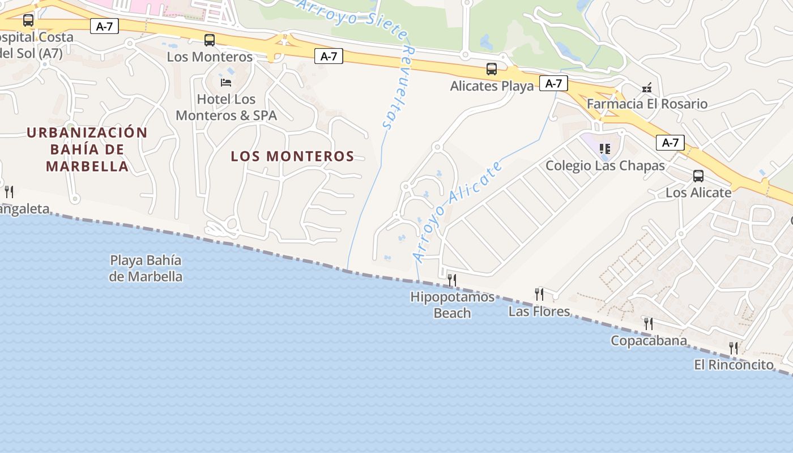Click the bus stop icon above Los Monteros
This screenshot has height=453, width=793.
(x=210, y=40)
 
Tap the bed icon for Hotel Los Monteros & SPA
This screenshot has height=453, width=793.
(x=226, y=83)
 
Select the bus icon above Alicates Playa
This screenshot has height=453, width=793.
(x=492, y=70)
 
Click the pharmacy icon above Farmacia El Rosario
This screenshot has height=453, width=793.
(x=647, y=88)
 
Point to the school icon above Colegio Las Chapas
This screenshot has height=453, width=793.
(x=605, y=149)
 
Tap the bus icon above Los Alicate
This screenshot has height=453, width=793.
(x=698, y=176)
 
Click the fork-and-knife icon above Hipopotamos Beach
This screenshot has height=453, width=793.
(x=452, y=280)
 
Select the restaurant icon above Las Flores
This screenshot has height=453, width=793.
(x=539, y=294)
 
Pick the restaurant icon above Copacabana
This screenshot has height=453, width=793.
(x=649, y=324)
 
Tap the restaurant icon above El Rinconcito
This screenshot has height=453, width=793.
(x=734, y=348)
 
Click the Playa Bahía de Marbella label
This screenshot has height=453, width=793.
(x=146, y=268)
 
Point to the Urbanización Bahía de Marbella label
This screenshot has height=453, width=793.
(x=87, y=149)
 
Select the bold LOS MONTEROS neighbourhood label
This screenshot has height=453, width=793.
(x=292, y=156)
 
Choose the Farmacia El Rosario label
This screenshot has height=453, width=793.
(x=647, y=104)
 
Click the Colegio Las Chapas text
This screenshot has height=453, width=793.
(x=605, y=166)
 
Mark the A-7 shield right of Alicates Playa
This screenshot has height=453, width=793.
(x=553, y=84)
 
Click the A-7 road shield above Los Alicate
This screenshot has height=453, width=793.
(x=670, y=143)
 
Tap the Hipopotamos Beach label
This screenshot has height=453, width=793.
(x=452, y=305)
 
